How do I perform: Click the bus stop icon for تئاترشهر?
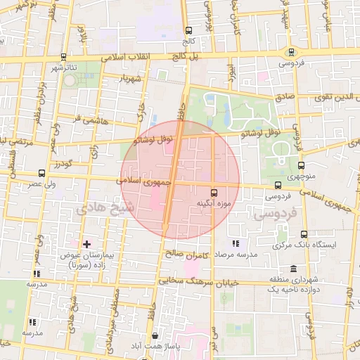(64, 57)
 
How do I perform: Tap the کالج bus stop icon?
(188, 30)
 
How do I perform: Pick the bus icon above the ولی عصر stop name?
(42, 172)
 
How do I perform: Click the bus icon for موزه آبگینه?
(214, 192)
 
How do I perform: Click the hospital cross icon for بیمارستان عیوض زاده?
(86, 244)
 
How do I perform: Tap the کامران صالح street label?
(185, 252)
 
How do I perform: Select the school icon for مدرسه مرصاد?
(236, 243)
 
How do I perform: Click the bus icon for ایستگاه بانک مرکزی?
(304, 234)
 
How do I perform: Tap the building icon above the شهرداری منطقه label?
(292, 270)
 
